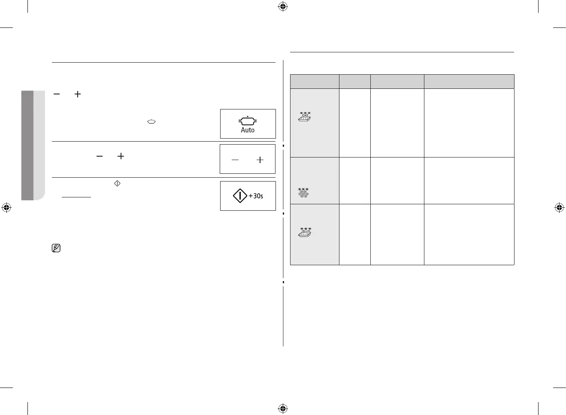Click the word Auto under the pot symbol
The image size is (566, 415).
[x=248, y=130]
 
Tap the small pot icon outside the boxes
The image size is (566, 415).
[x=151, y=122]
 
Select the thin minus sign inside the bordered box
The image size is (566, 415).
[x=235, y=160]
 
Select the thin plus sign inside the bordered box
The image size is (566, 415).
[x=260, y=160]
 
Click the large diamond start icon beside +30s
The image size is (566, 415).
[x=240, y=196]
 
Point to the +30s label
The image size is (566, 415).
[x=256, y=196]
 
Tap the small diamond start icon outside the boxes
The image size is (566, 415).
[x=117, y=183]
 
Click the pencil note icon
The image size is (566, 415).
[x=56, y=248]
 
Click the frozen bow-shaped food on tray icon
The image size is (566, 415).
[x=305, y=117]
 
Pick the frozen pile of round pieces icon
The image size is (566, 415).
[x=304, y=193]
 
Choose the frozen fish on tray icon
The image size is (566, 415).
[x=305, y=232]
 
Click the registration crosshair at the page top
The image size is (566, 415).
[x=282, y=6]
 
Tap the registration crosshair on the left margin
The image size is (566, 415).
[x=6, y=208]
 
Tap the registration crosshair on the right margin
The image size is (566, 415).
[x=559, y=208]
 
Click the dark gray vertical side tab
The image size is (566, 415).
[x=27, y=145]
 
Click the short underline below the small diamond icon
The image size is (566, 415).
[x=76, y=197]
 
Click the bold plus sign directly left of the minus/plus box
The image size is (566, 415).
[x=121, y=156]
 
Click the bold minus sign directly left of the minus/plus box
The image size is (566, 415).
[x=100, y=156]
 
